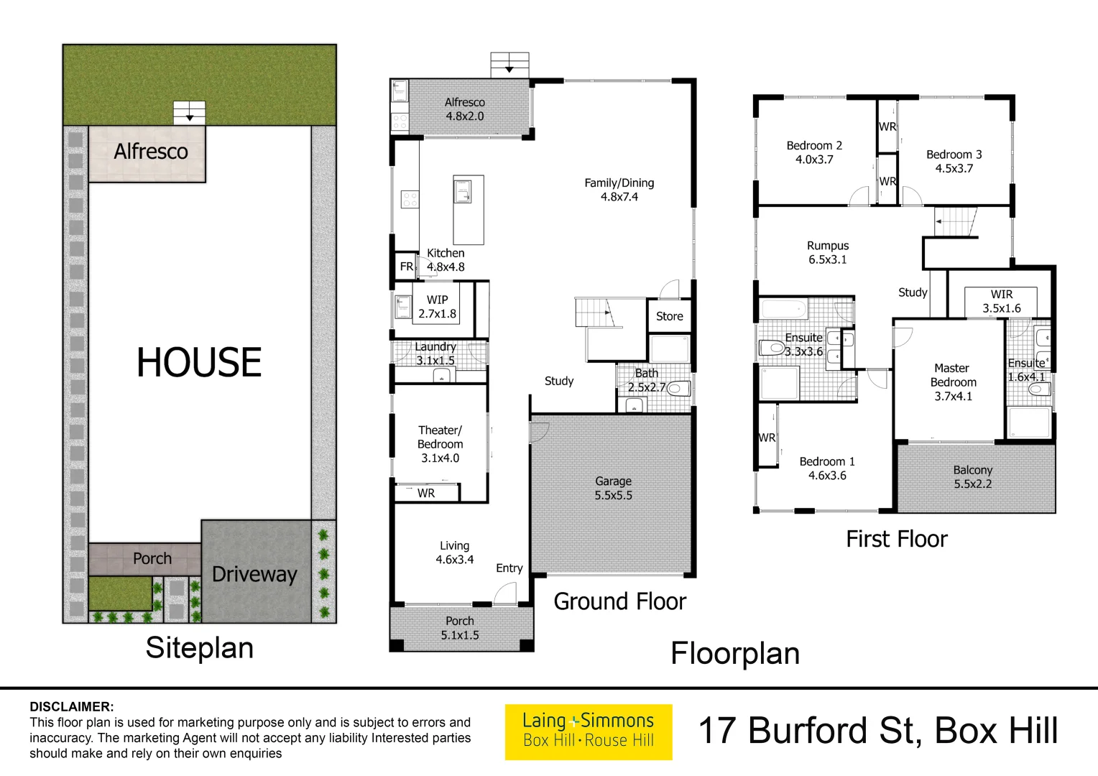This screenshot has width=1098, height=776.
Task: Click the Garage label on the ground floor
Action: click(613, 488)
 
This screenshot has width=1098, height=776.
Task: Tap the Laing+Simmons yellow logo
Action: click(589, 731)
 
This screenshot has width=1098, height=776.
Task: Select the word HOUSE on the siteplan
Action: click(199, 362)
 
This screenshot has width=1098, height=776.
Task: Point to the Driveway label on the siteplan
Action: click(254, 574)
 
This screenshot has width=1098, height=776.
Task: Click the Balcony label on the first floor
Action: click(972, 477)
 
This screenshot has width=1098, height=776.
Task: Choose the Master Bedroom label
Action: click(953, 382)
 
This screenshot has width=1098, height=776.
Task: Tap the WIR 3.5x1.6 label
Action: click(1001, 301)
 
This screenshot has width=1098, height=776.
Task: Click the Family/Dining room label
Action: click(619, 190)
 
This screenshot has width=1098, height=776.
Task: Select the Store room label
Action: click(669, 316)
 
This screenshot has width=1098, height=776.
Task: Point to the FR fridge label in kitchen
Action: click(407, 267)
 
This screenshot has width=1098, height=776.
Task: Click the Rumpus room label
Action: click(827, 252)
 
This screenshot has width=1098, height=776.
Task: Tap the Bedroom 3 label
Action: click(954, 161)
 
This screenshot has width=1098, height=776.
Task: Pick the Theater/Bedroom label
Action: click(440, 443)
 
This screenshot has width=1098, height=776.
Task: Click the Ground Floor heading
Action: click(619, 601)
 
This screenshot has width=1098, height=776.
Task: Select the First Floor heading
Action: click(896, 539)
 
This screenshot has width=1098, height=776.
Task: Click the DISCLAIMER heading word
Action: click(71, 706)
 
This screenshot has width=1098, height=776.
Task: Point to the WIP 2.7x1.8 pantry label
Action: click(437, 306)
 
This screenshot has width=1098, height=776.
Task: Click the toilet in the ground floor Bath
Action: click(679, 389)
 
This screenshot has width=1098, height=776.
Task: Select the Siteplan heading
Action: click(199, 647)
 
